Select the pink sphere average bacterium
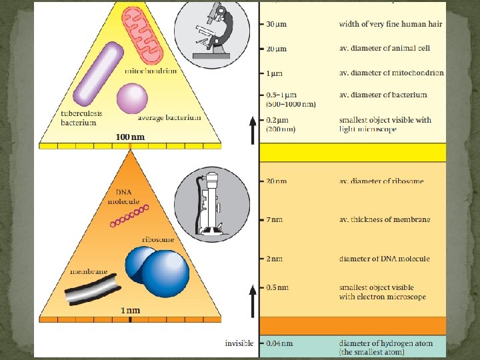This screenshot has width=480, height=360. [x=132, y=98]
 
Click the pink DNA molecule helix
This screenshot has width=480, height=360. [x=129, y=216]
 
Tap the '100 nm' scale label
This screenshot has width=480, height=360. [x=129, y=137]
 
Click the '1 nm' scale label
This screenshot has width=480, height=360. [x=129, y=310]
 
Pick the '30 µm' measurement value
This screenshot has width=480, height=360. [x=277, y=25]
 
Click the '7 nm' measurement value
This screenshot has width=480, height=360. [x=276, y=219]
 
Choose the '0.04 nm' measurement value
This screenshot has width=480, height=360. [x=280, y=343]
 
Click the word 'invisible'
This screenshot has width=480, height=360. [x=238, y=343]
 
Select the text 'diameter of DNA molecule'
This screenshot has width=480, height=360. [x=384, y=259]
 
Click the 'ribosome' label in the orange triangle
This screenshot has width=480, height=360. [x=158, y=239]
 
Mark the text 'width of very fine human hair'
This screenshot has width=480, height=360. [x=390, y=25]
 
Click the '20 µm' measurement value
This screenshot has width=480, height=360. [x=277, y=49]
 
